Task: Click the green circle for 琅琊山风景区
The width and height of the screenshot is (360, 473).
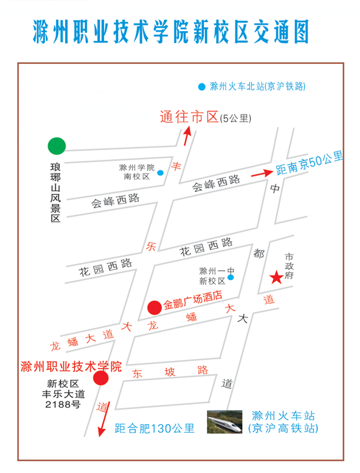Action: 57,146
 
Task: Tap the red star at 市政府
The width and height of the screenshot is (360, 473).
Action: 276,278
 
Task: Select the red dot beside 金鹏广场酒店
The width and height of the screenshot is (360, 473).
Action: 154,307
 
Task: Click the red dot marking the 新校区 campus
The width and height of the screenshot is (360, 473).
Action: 101,378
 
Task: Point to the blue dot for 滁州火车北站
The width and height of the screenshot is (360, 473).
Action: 201,87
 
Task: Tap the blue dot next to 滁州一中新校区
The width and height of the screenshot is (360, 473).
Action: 231,278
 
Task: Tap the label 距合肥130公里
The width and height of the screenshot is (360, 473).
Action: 154,428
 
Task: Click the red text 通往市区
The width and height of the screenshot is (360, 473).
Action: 189,118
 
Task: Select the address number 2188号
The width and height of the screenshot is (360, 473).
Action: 63,405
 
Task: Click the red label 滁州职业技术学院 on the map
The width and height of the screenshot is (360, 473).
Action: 71,366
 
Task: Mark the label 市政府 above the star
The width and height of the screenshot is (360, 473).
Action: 289,266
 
